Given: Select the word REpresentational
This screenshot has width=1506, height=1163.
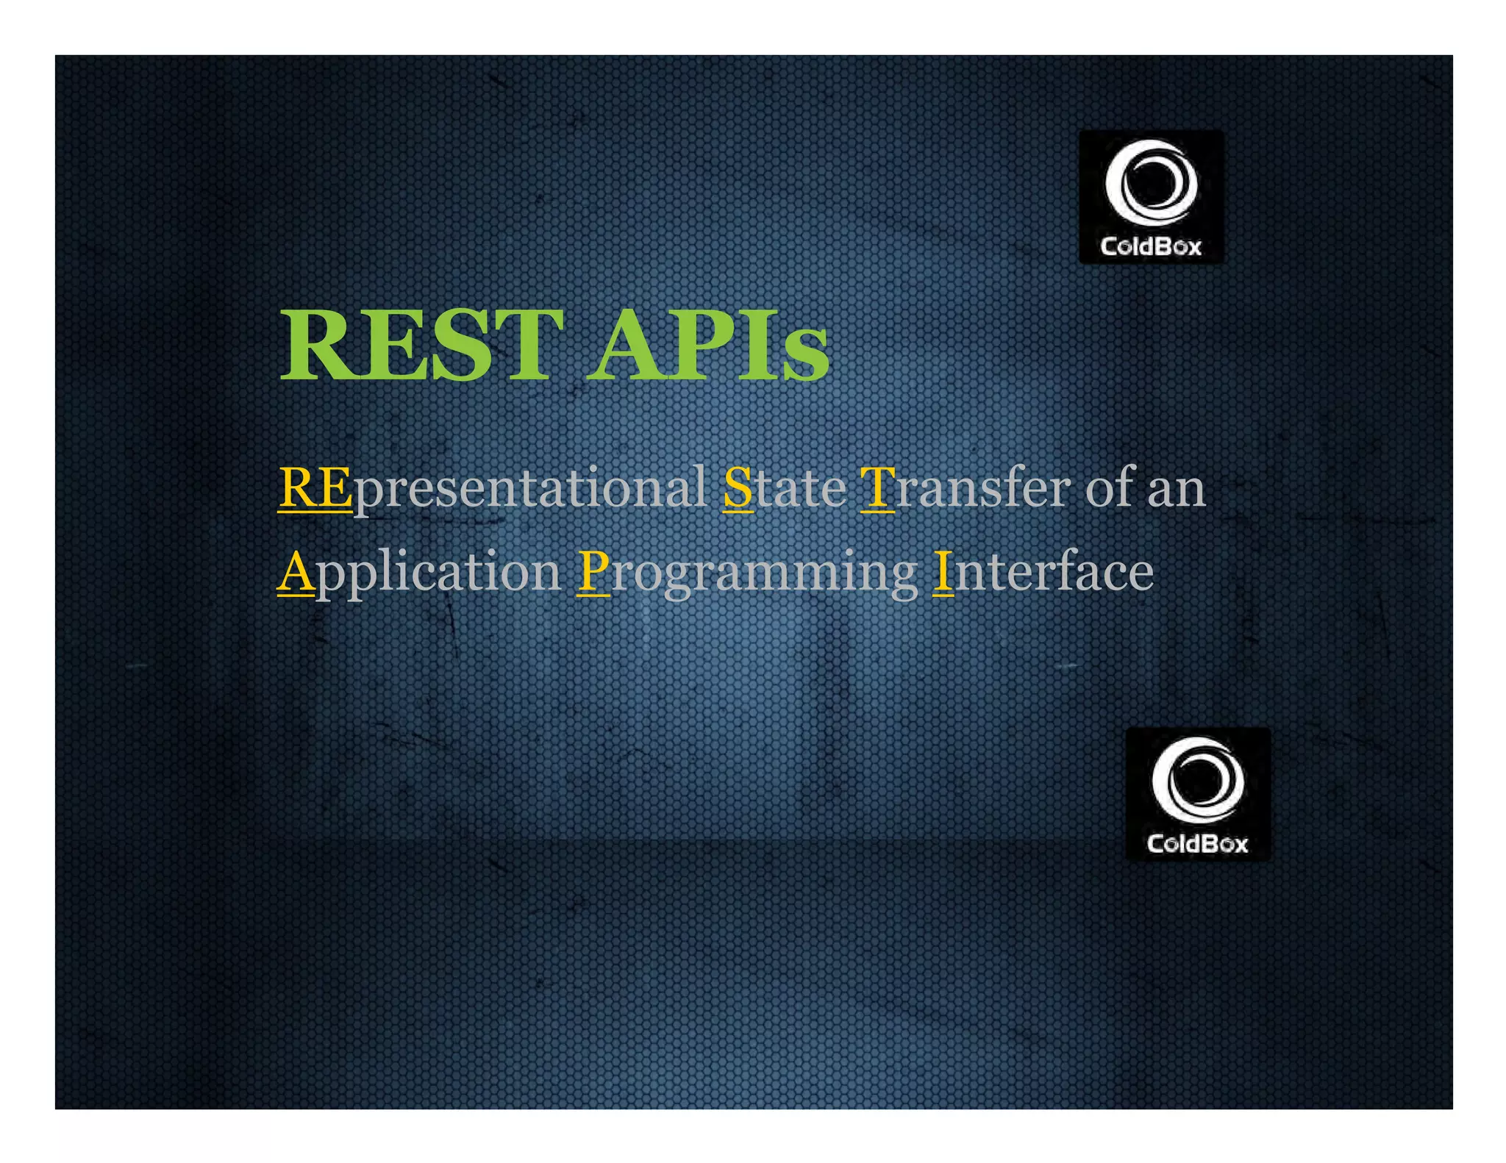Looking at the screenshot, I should coord(493,488).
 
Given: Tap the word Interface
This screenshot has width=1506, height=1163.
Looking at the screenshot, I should coord(1043,572).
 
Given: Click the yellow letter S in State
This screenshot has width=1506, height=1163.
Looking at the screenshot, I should coord(738,488).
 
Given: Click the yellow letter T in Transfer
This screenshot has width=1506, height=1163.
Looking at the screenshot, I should coord(877,488).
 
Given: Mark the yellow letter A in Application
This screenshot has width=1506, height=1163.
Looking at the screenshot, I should coord(296,572).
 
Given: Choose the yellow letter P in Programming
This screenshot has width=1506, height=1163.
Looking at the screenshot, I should coord(593,572).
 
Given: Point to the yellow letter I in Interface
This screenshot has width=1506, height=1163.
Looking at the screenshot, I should coord(943,572).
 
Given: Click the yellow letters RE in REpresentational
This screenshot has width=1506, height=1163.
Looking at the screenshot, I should coord(315,488).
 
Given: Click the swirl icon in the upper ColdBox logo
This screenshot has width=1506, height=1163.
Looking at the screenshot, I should coord(1151,183).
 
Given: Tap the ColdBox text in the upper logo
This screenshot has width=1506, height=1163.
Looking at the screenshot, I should coord(1151,246).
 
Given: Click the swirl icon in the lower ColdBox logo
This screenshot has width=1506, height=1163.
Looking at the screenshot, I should coord(1198,780).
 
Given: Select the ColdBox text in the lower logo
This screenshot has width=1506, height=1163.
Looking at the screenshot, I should coord(1198,844).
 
